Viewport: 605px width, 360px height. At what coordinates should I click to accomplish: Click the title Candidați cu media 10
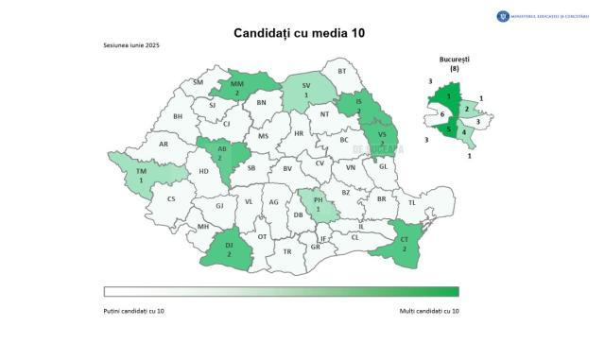[x=300, y=33]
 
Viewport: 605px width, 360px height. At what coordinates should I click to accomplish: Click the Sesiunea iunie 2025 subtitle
[x=131, y=46]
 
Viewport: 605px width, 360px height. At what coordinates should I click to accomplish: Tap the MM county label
[x=237, y=84]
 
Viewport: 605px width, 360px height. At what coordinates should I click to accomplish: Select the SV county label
[x=306, y=87]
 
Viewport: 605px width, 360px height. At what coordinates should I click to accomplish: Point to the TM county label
[x=141, y=170]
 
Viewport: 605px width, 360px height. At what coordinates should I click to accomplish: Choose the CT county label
[x=404, y=239]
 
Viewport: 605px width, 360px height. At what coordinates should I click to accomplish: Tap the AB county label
[x=219, y=149]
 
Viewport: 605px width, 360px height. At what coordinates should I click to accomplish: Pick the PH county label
[x=319, y=199]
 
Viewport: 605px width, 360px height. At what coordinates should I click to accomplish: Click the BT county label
[x=342, y=72]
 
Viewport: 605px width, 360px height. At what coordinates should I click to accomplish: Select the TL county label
[x=411, y=202]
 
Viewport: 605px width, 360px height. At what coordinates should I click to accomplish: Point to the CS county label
[x=171, y=198]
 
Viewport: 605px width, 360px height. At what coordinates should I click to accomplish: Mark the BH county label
[x=177, y=117]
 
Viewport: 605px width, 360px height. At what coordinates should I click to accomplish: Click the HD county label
[x=203, y=171]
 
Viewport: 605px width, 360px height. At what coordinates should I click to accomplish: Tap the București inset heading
[x=456, y=60]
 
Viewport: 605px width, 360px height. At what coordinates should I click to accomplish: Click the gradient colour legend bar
[x=281, y=292]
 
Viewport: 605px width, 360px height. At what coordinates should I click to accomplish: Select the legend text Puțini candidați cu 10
[x=139, y=310]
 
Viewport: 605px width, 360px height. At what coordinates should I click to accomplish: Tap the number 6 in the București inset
[x=442, y=114]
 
